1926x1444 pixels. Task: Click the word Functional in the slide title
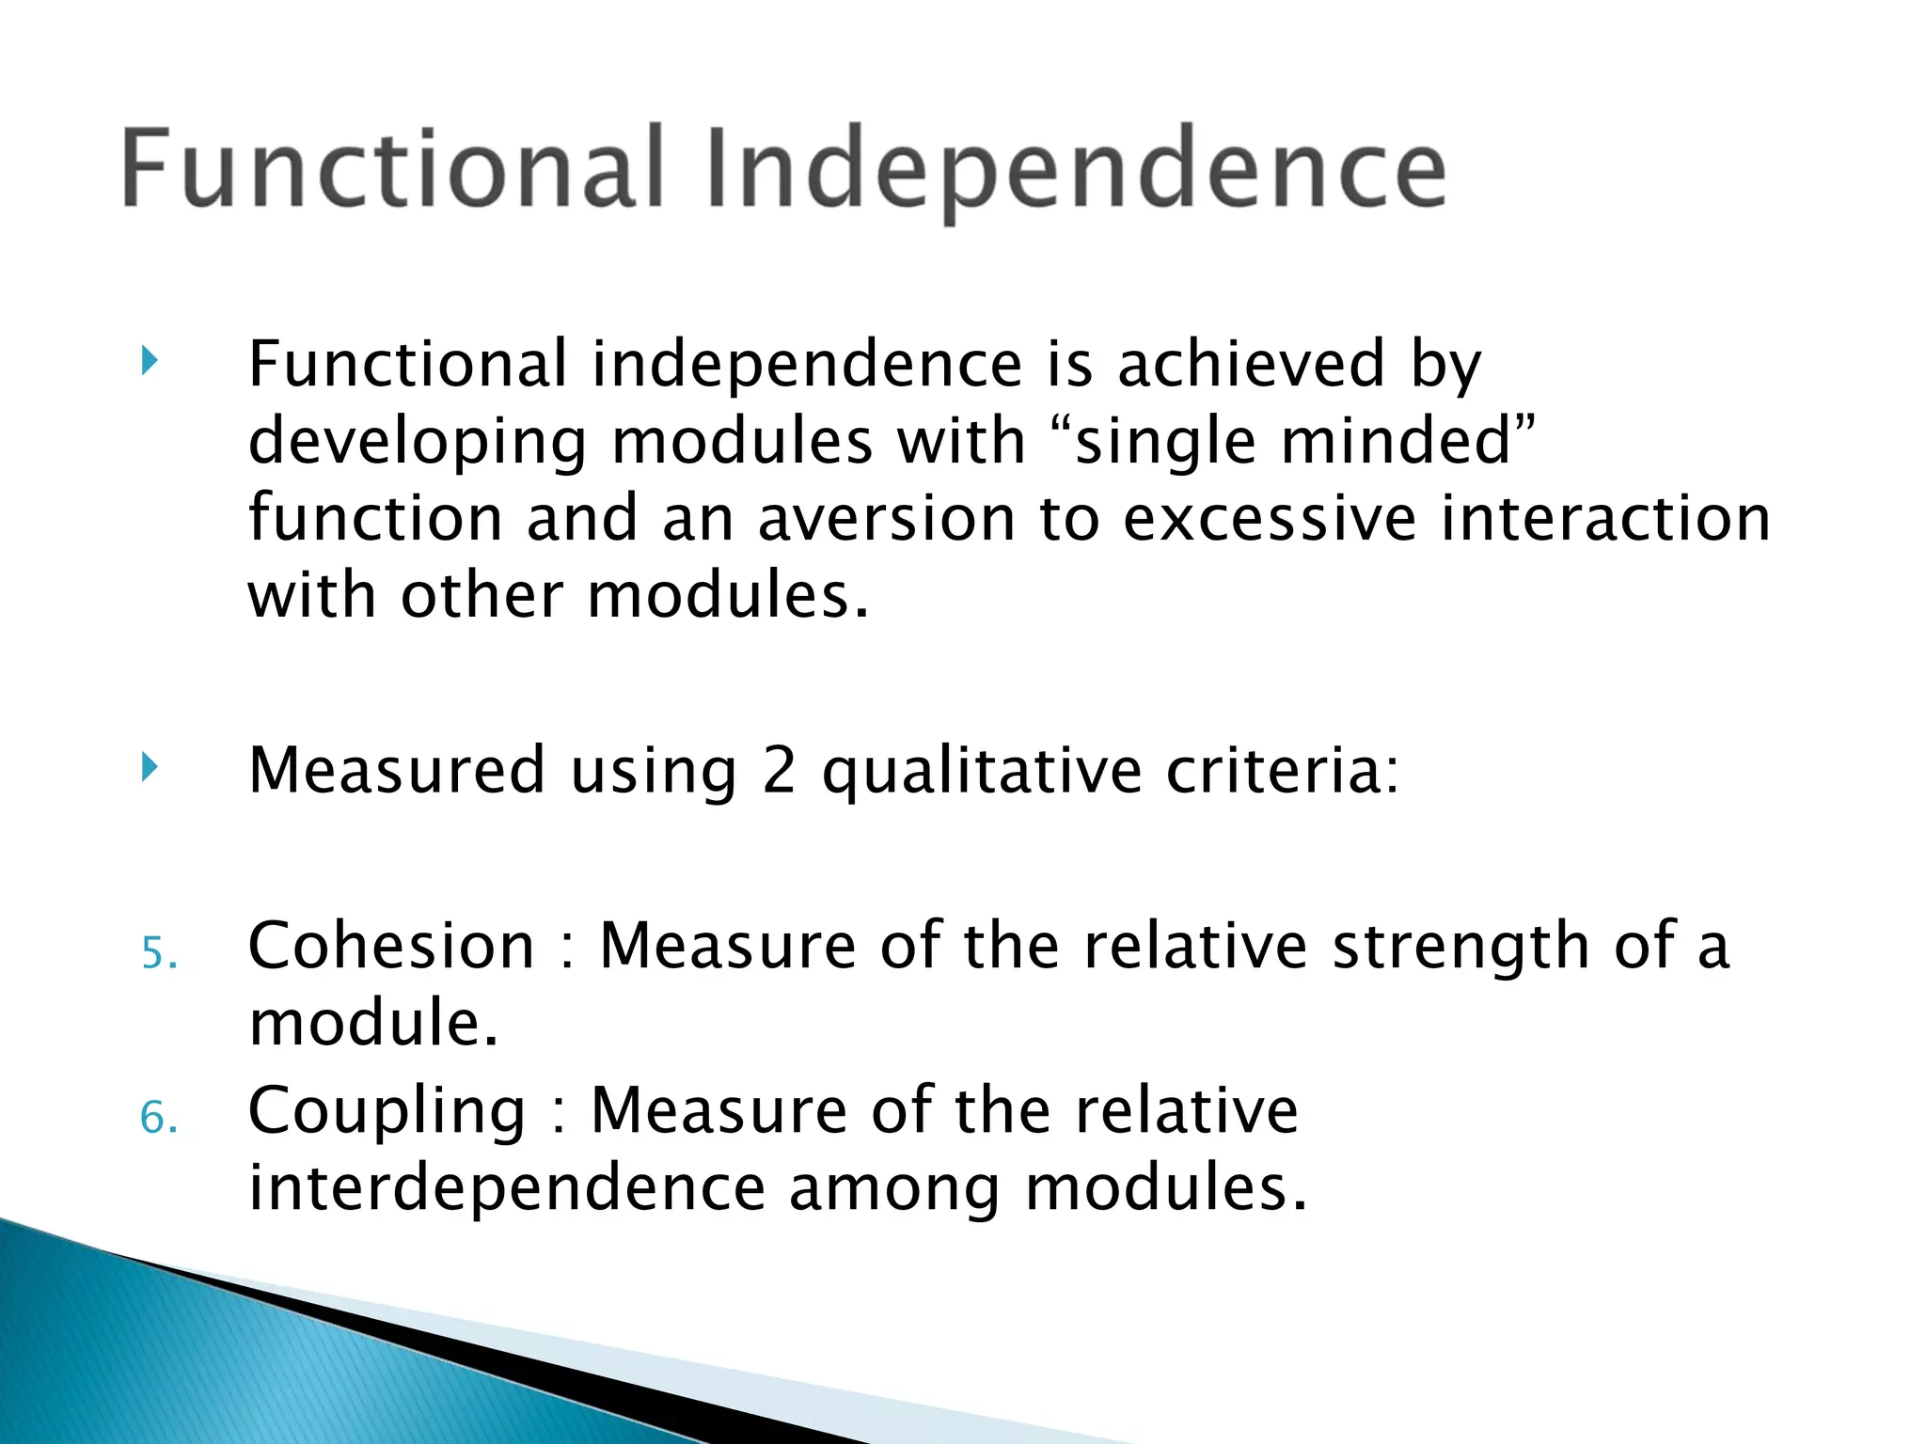tap(393, 169)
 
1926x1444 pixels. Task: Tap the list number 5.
tap(158, 953)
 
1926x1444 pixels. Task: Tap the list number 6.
tap(158, 1118)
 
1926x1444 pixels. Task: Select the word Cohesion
tap(391, 945)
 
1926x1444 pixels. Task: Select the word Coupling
tap(387, 1111)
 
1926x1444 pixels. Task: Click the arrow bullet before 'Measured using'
tap(150, 766)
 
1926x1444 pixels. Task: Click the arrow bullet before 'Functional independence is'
tap(150, 360)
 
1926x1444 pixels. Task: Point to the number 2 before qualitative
tap(779, 770)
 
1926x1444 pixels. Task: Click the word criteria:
tap(1283, 770)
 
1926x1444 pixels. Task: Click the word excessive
tap(1269, 518)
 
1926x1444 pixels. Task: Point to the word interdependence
tap(506, 1186)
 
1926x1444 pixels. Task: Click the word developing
tap(418, 442)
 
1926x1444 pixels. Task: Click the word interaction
tap(1605, 518)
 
